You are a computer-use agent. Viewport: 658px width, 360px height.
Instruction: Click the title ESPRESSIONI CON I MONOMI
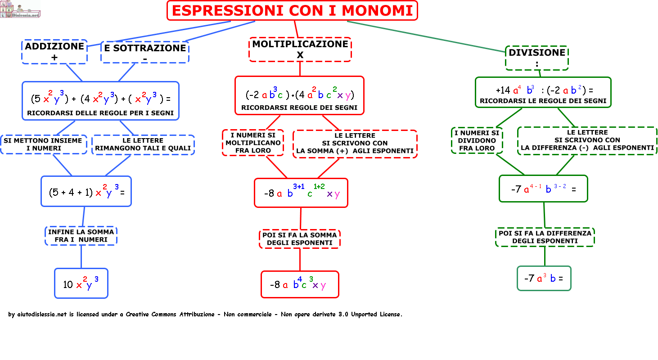coord(292,10)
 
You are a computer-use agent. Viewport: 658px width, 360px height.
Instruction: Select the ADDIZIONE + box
coord(54,51)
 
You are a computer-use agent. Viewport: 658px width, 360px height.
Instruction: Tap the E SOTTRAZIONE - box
coord(144,52)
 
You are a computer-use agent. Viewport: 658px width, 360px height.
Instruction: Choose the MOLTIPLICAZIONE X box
coord(300,49)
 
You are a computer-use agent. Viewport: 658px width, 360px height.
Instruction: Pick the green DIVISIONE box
coord(537,58)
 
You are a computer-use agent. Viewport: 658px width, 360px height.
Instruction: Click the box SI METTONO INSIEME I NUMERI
coord(43,144)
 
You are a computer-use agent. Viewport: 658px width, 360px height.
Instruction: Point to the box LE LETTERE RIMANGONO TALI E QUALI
coord(143,144)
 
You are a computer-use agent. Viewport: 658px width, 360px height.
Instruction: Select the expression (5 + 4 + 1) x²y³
coord(86,191)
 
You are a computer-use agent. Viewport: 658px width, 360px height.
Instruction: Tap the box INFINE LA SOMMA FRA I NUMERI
coord(81,236)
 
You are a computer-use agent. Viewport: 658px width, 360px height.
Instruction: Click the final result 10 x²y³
coord(81,283)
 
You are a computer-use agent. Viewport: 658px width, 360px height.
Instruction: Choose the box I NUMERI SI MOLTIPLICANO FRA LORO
coord(253,143)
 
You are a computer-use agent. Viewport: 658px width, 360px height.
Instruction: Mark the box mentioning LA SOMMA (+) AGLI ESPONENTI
coord(355,144)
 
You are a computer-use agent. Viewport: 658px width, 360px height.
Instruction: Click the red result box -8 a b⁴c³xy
coord(300,284)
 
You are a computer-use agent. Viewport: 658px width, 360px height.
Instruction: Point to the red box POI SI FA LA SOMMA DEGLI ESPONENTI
coord(300,238)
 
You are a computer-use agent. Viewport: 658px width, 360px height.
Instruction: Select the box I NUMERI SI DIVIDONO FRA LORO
coord(477,140)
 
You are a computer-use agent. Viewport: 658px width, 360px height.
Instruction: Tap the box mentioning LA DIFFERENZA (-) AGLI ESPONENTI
coord(587,140)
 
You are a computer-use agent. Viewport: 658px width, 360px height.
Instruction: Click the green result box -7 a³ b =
coord(544,278)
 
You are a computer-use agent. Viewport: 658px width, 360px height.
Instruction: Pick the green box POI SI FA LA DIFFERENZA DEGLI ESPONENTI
coord(545,237)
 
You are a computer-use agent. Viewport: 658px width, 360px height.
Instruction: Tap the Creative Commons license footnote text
coord(205,315)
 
